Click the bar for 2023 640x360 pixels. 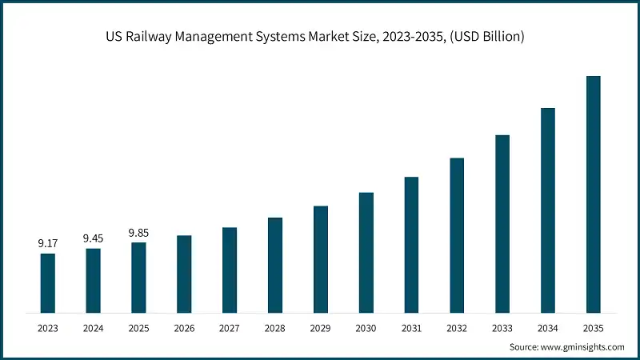pos(48,282)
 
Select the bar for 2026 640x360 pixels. pos(184,274)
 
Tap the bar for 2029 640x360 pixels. pos(321,258)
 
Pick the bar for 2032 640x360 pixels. pos(457,234)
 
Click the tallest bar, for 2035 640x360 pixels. pos(593,194)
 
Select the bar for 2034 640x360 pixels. pos(548,210)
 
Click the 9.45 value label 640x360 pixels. pos(94,238)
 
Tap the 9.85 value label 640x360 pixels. pos(138,232)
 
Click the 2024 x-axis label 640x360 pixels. pos(94,328)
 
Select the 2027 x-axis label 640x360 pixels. pos(230,328)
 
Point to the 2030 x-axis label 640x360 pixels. pos(366,328)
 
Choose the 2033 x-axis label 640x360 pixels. pos(502,328)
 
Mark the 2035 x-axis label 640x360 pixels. pos(593,328)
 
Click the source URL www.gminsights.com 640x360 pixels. pos(583,346)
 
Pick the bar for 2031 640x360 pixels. pos(411,244)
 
